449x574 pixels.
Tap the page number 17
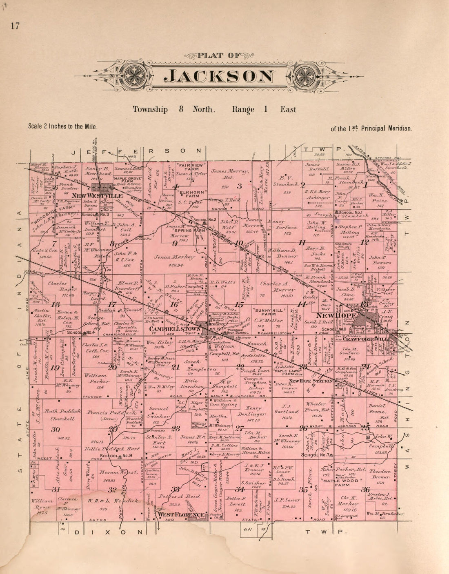pos(16,26)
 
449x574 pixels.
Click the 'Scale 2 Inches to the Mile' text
pos(63,126)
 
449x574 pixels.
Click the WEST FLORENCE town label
pos(181,515)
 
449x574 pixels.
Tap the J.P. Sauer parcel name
pos(287,500)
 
